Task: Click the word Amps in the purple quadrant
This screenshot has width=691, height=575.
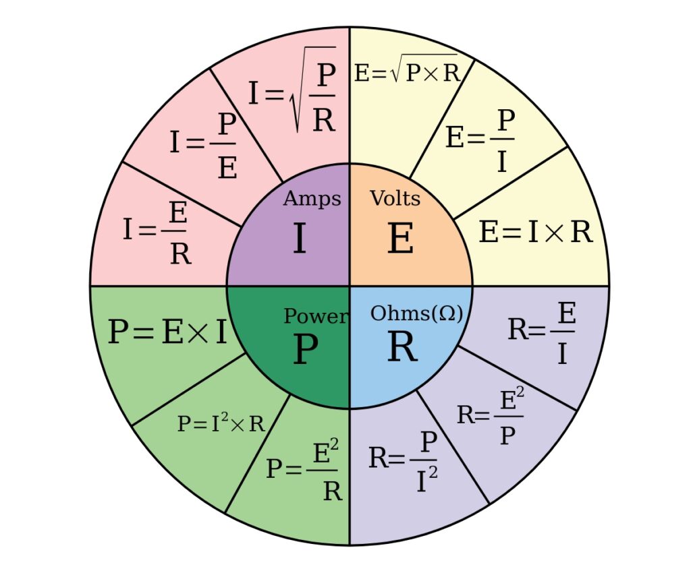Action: [x=312, y=199]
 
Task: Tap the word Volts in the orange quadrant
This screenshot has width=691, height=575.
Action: [x=395, y=198]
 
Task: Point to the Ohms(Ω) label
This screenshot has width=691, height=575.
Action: [x=416, y=313]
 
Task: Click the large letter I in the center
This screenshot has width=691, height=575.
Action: [x=299, y=239]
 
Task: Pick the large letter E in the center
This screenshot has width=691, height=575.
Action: [x=400, y=239]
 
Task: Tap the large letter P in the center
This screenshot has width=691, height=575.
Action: [x=305, y=350]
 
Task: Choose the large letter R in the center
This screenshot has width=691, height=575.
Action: [x=402, y=348]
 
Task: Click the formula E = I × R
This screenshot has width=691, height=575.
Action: [x=536, y=233]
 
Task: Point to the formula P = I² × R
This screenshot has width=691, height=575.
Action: [x=221, y=424]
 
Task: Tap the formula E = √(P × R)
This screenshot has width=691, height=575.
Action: [x=406, y=72]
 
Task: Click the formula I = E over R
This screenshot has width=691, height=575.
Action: [x=157, y=233]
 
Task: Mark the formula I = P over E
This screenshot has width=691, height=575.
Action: [x=204, y=145]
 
